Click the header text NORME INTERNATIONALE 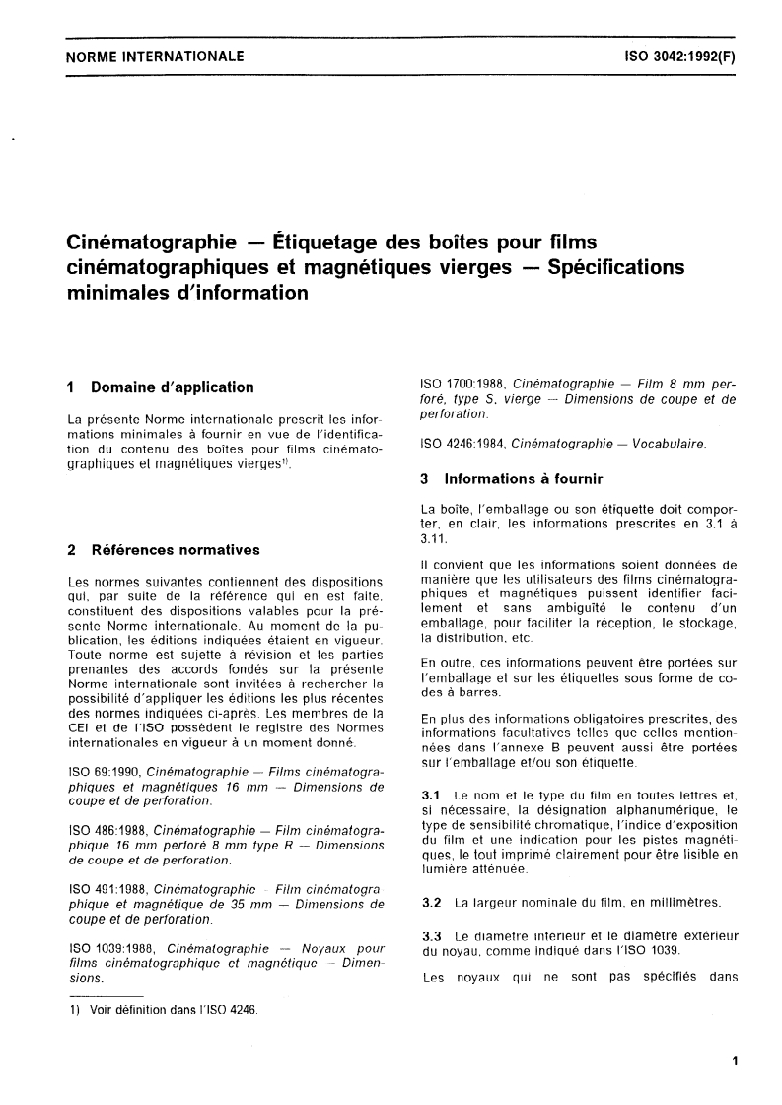[154, 57]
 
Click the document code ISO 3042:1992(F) [679, 57]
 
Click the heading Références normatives [176, 549]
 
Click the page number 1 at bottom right [735, 1060]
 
